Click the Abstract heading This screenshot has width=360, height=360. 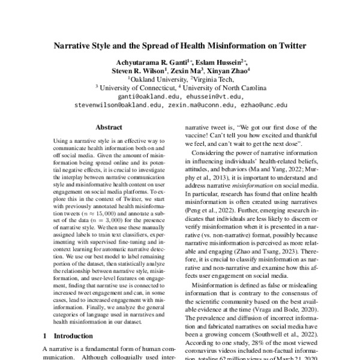109,128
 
